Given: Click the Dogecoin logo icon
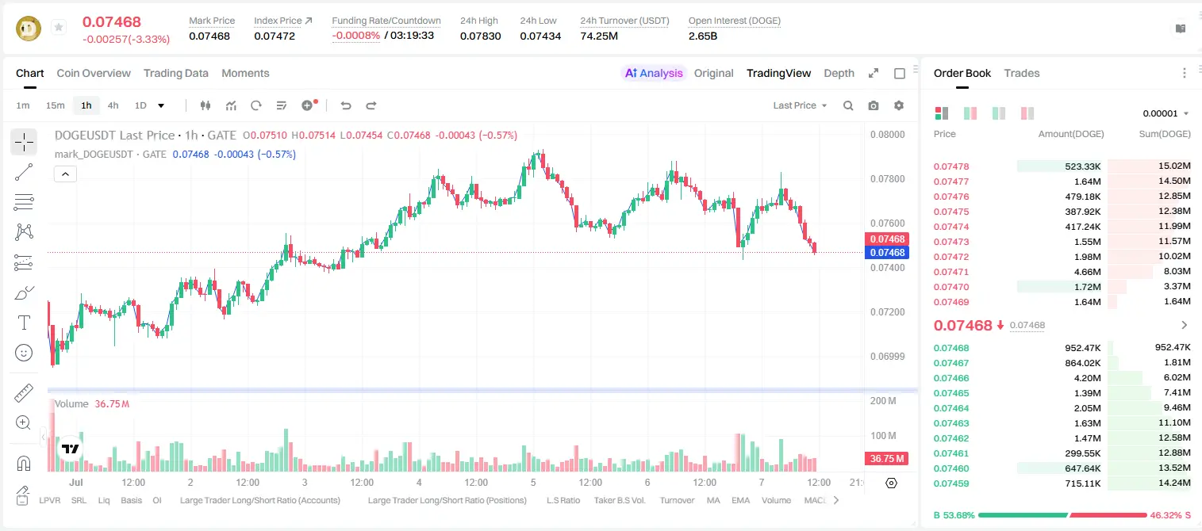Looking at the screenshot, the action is (29, 29).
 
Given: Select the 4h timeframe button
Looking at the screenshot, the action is (113, 105).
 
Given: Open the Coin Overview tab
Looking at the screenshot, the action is (94, 73).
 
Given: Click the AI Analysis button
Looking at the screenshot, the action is (654, 73).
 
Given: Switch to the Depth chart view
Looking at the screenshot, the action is (839, 73).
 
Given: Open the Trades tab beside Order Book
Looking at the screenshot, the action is (1022, 73).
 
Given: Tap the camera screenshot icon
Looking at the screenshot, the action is (874, 105).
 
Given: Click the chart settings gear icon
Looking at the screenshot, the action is (899, 105).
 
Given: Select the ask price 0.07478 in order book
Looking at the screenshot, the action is (950, 166).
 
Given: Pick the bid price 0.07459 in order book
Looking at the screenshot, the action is (950, 483).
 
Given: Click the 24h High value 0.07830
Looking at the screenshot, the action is (480, 36).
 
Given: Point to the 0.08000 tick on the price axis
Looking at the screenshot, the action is (888, 135).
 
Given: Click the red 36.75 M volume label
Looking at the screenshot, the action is (886, 459).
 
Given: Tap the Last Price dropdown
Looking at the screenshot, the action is (800, 105).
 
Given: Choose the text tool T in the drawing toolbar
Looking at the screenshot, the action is (24, 323).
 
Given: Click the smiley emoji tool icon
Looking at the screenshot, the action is (24, 353).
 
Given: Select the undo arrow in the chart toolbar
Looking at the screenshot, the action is (346, 105).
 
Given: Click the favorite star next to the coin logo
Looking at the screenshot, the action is (59, 27).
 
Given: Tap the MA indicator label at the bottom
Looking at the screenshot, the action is (713, 500).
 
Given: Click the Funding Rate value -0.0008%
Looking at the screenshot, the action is (355, 36).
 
